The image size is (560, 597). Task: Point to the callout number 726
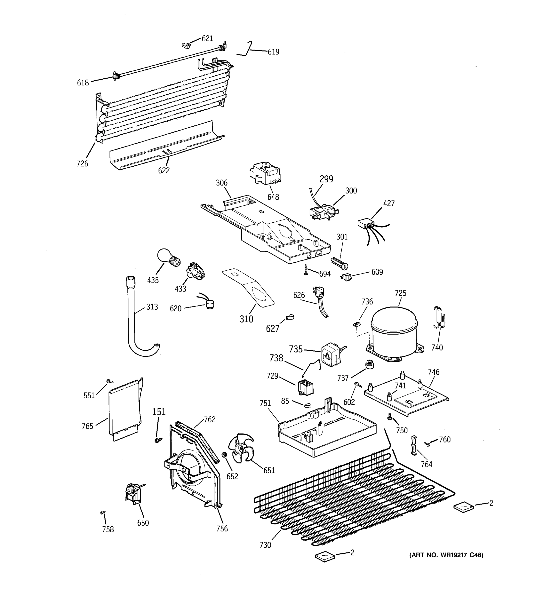coord(82,164)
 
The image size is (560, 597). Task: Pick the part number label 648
coord(273,197)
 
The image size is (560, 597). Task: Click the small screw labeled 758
coord(103,513)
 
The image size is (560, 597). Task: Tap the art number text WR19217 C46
coord(446,555)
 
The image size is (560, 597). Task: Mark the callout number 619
coord(273,52)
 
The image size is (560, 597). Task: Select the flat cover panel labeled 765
coord(125,410)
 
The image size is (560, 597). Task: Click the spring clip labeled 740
coord(439,318)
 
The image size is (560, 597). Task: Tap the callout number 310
coord(246,319)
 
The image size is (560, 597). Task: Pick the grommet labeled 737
coord(368,365)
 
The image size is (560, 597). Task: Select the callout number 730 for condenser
coord(265,545)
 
